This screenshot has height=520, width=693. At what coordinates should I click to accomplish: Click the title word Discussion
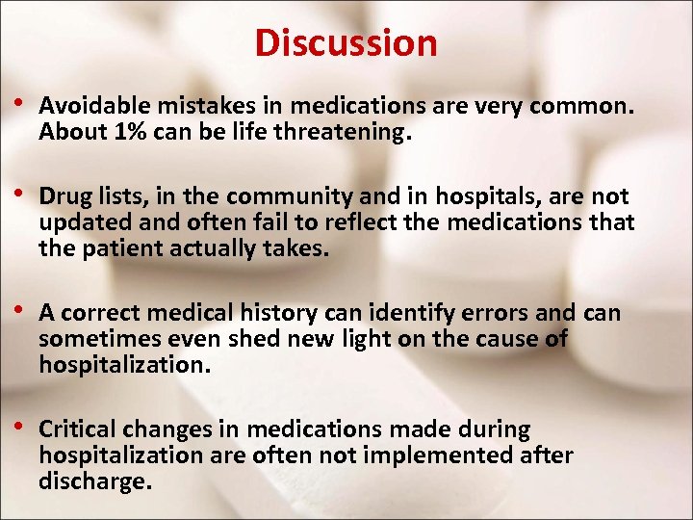(346, 42)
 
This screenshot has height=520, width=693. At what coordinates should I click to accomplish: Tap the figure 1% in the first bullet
(125, 133)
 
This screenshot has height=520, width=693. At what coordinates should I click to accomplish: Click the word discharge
(94, 481)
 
